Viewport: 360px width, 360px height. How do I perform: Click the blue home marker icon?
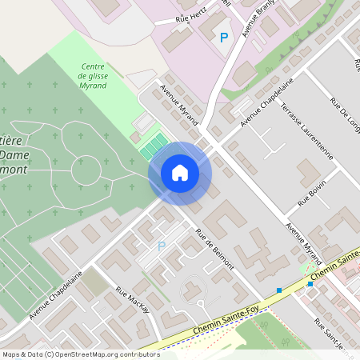pyautogui.click(x=180, y=173)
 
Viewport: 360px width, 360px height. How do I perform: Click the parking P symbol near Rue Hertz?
pyautogui.click(x=224, y=38)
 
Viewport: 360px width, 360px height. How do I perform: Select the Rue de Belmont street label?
pyautogui.click(x=214, y=250)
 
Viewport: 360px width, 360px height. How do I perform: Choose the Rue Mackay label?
pyautogui.click(x=132, y=300)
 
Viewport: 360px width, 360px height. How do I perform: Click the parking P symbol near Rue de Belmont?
pyautogui.click(x=161, y=246)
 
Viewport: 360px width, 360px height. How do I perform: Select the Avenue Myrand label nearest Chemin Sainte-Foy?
pyautogui.click(x=303, y=241)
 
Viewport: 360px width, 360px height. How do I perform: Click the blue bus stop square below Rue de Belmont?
pyautogui.click(x=279, y=290)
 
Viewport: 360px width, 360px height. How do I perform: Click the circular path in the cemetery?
pyautogui.click(x=86, y=169)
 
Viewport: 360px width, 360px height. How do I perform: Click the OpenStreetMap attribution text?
pyautogui.click(x=80, y=354)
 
